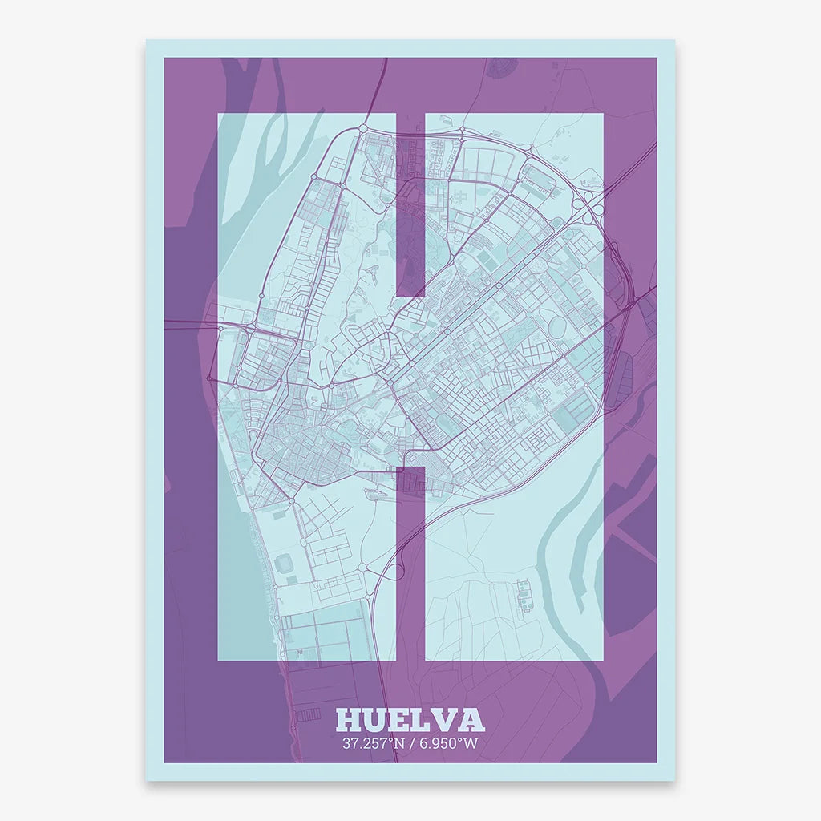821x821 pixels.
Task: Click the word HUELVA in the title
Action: pyautogui.click(x=410, y=720)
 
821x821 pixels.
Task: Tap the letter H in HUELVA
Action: pyautogui.click(x=350, y=720)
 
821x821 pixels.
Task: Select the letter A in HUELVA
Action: pyautogui.click(x=471, y=720)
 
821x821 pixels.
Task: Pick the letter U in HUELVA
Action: pyautogui.click(x=375, y=720)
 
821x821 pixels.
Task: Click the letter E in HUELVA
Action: pyautogui.click(x=400, y=720)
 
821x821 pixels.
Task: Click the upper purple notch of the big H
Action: pyautogui.click(x=410, y=204)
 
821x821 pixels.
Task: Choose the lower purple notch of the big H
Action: pyautogui.click(x=410, y=561)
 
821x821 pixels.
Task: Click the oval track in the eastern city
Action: pyautogui.click(x=557, y=326)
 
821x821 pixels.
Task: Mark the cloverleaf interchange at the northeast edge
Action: pyautogui.click(x=592, y=200)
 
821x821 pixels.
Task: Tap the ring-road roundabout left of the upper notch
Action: pyautogui.click(x=362, y=127)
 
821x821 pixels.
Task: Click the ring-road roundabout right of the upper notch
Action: pyautogui.click(x=463, y=130)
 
